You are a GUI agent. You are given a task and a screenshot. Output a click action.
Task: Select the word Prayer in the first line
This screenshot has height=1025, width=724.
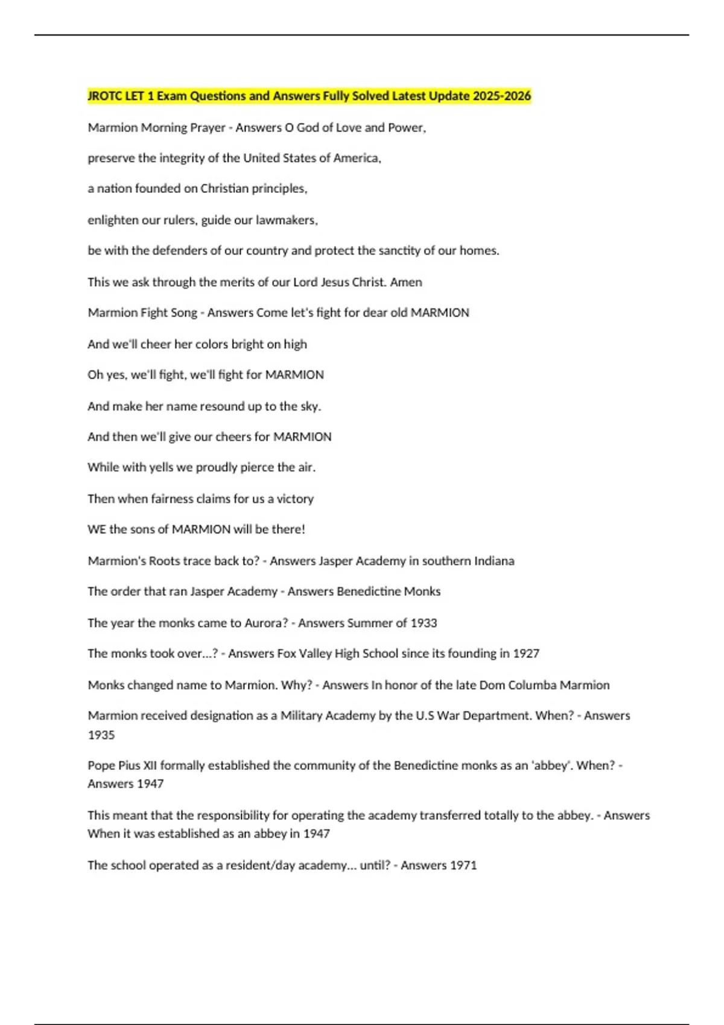208,128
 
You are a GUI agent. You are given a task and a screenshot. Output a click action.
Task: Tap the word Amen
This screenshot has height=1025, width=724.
406,282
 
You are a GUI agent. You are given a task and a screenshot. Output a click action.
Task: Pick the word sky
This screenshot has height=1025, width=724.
310,406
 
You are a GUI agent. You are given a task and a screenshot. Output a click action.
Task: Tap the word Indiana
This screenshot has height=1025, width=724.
491,561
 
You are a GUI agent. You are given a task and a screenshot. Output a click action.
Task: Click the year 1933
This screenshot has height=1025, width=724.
424,623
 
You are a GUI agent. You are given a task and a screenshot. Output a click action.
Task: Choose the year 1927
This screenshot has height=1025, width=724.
526,654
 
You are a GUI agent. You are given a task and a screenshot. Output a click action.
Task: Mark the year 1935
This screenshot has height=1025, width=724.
101,735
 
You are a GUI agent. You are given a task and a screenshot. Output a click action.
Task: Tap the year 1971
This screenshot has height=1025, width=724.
463,865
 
